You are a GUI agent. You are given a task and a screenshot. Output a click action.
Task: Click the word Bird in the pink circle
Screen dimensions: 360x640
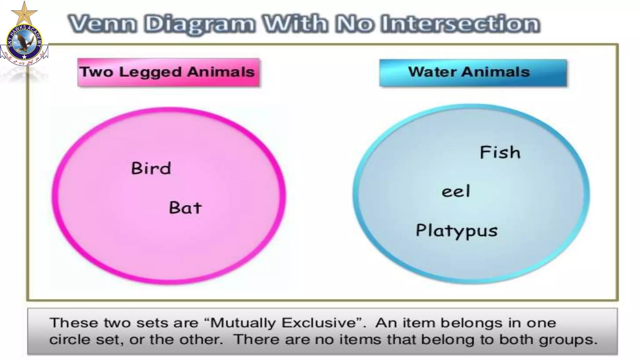pos(151,168)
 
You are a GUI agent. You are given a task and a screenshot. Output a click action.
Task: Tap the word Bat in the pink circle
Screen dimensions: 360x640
pos(185,208)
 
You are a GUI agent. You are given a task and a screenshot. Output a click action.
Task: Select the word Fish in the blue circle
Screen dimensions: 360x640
pos(500,152)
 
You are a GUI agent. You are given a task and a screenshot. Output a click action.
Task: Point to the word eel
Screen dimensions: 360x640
pos(456,191)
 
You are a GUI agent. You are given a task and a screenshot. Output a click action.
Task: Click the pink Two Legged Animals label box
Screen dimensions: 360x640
pos(168,72)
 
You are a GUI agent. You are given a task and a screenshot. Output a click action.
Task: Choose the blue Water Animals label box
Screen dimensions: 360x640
pos(473,72)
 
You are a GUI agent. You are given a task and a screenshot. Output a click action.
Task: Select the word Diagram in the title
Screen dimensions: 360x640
pos(199,24)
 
